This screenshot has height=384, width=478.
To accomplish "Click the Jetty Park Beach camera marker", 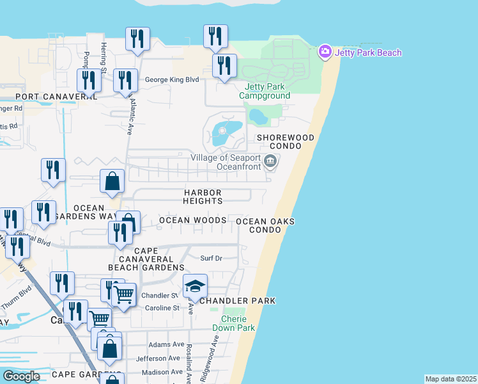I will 325,52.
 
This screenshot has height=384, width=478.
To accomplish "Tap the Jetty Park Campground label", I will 265,91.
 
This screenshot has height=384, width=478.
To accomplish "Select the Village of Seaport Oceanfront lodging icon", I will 270,161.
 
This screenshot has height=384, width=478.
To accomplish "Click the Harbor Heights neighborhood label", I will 203,196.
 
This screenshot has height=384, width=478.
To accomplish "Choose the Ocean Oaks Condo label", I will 265,225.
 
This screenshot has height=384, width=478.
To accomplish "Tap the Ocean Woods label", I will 192,220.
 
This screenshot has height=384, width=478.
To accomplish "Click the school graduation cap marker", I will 195,286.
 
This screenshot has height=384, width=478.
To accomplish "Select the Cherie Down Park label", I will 238,323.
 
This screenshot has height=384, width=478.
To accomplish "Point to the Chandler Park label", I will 237,301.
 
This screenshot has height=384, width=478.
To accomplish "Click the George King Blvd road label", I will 172,80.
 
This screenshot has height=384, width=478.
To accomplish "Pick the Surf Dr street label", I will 211,259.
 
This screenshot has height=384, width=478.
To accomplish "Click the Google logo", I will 22,376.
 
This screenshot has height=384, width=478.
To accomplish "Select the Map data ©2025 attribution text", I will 451,379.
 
